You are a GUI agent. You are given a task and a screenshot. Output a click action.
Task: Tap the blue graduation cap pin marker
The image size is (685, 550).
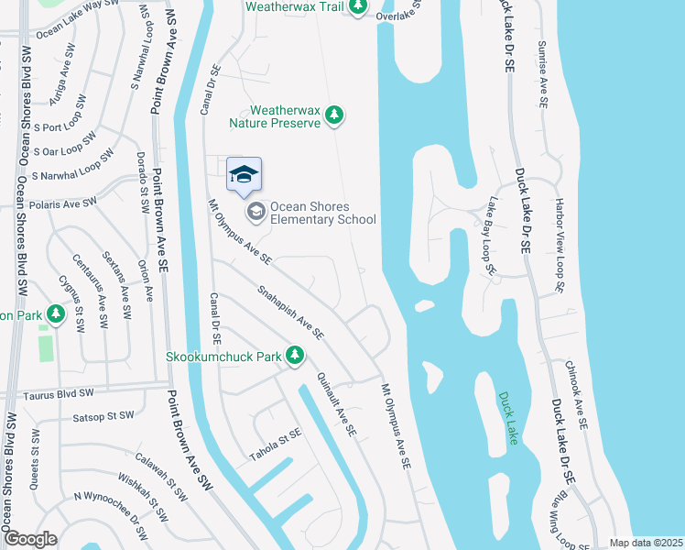point(244,175)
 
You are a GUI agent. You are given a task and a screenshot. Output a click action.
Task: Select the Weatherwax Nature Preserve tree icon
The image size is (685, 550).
point(335,115)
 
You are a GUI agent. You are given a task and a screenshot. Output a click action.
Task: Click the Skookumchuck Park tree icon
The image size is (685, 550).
point(294,355)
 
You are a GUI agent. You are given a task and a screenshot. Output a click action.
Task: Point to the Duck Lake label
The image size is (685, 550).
point(509,419)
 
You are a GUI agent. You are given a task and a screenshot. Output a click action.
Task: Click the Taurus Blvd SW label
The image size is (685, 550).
point(62,393)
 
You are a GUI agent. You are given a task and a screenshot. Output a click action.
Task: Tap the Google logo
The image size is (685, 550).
point(30,539)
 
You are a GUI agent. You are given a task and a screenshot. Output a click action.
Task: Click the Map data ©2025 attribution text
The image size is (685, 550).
point(645,543)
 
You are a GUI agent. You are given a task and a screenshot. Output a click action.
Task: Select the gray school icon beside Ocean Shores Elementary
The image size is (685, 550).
point(256,212)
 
